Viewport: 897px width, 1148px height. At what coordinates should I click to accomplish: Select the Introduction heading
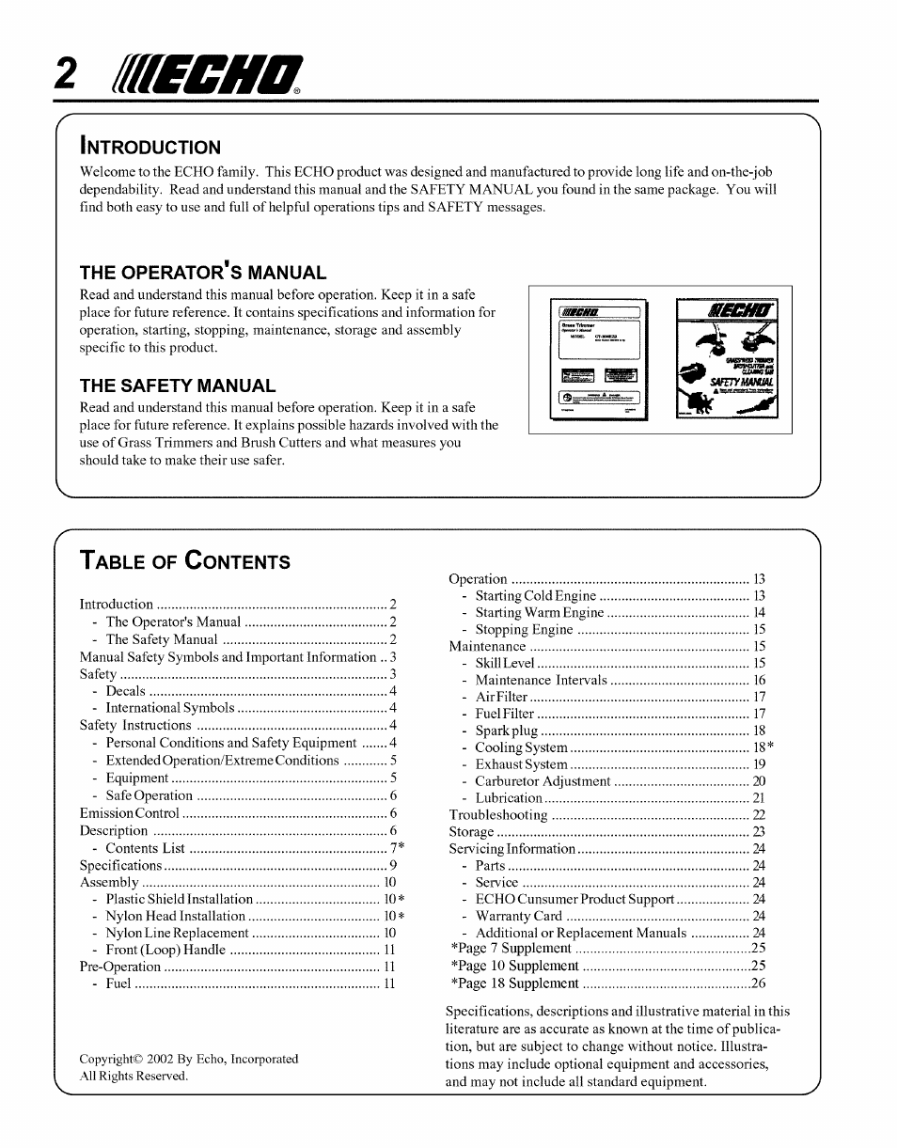(150, 147)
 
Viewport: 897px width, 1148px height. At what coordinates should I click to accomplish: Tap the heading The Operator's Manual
(202, 273)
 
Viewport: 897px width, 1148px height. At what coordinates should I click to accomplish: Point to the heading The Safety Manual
(178, 385)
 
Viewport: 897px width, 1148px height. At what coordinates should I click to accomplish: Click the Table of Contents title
(185, 561)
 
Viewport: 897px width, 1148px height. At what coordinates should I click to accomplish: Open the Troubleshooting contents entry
(498, 815)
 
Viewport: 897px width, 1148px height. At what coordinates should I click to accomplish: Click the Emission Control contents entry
(130, 813)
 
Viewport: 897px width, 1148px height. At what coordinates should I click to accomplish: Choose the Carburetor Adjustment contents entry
(543, 781)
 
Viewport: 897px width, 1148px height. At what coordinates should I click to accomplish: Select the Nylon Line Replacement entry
(177, 934)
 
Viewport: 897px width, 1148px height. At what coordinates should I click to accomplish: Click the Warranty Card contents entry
(518, 917)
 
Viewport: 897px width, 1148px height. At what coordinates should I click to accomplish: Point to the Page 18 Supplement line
(514, 983)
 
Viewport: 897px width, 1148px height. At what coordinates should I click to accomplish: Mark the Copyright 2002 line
(188, 1059)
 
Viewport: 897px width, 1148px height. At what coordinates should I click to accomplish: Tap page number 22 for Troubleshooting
(759, 815)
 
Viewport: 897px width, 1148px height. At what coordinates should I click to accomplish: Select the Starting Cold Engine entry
(535, 596)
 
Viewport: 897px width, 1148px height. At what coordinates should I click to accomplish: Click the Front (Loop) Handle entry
(165, 951)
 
